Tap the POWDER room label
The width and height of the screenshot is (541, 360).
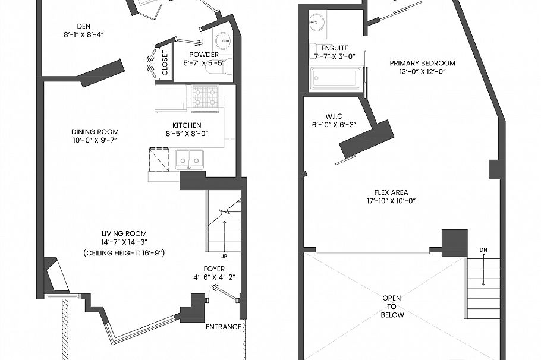coord(204,55)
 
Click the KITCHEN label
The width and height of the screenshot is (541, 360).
coord(187,125)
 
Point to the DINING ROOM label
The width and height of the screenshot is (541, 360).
coord(95,132)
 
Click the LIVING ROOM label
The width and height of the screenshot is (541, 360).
coord(124,233)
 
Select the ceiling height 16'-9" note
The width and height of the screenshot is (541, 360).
coord(124,253)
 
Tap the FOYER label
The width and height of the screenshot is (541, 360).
coord(214,269)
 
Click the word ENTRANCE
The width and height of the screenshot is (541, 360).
coord(223,327)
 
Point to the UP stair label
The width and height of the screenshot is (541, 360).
coord(223,257)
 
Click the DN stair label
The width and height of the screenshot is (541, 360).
coord(482,250)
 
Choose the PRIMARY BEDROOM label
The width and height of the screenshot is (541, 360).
coord(422,63)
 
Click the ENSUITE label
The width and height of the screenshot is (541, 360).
coord(334,48)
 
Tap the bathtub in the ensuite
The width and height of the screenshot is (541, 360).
coord(336,78)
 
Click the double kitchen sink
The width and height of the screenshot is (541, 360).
coord(190,159)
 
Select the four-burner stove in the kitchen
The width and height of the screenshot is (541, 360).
coord(205,98)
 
